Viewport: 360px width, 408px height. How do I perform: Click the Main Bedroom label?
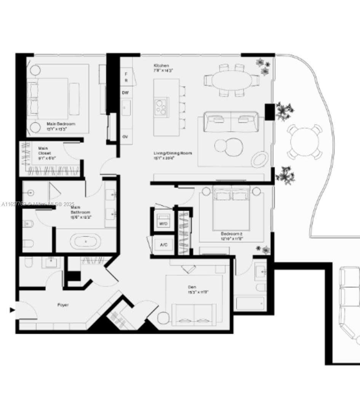point(61,124)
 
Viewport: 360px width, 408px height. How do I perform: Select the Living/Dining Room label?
point(173,153)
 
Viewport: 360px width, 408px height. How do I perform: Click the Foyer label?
point(63,305)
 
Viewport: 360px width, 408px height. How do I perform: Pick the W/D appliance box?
point(163,223)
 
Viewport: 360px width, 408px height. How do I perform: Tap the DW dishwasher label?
point(125,93)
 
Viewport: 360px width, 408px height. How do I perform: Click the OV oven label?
point(125,136)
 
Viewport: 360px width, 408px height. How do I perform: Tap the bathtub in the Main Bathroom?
point(87,242)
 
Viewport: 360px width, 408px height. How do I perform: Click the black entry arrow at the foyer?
point(12,310)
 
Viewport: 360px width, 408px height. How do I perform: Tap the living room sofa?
point(231,122)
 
